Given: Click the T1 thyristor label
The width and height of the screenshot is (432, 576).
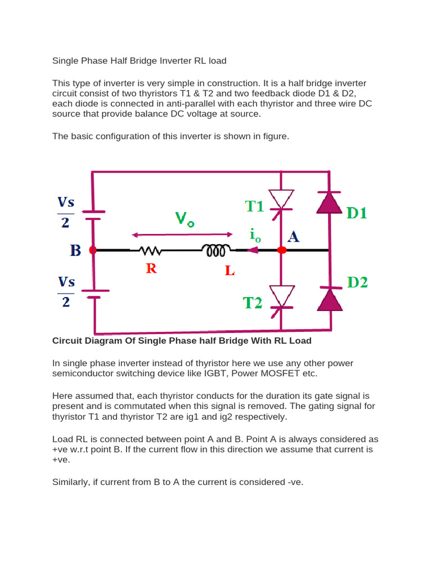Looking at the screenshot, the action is tap(254, 206).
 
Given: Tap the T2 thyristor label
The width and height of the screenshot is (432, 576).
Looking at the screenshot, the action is tap(253, 303).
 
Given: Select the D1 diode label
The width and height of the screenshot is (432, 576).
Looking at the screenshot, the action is tap(356, 214).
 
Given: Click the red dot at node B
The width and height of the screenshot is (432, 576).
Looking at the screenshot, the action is tap(93, 250).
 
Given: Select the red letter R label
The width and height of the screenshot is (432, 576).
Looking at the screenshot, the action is tap(151, 269).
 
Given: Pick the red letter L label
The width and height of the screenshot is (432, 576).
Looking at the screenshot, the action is tap(229, 271).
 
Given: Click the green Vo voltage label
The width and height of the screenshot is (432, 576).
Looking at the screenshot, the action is tap(184, 219).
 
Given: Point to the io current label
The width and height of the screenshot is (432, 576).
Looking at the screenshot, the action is tap(255, 236).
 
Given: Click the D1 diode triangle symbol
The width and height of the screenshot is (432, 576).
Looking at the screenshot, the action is tap(330, 202).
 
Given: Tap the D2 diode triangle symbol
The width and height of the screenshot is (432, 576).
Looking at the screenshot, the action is tap(330, 299).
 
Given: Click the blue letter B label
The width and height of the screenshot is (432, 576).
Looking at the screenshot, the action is tap(75, 251).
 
